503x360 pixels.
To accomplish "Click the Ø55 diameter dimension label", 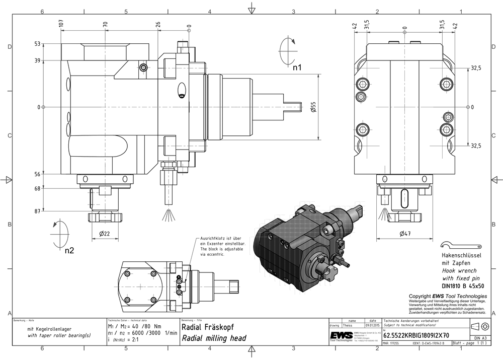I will click(313, 107).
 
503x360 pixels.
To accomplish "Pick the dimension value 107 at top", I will click(61, 23).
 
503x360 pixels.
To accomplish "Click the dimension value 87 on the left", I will click(37, 211).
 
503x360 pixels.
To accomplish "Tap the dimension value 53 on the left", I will click(37, 44).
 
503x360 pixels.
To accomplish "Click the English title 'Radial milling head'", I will click(214, 338).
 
